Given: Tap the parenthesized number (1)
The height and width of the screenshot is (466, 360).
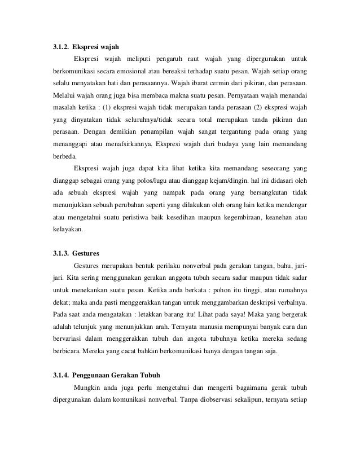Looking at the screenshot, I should (108, 108).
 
